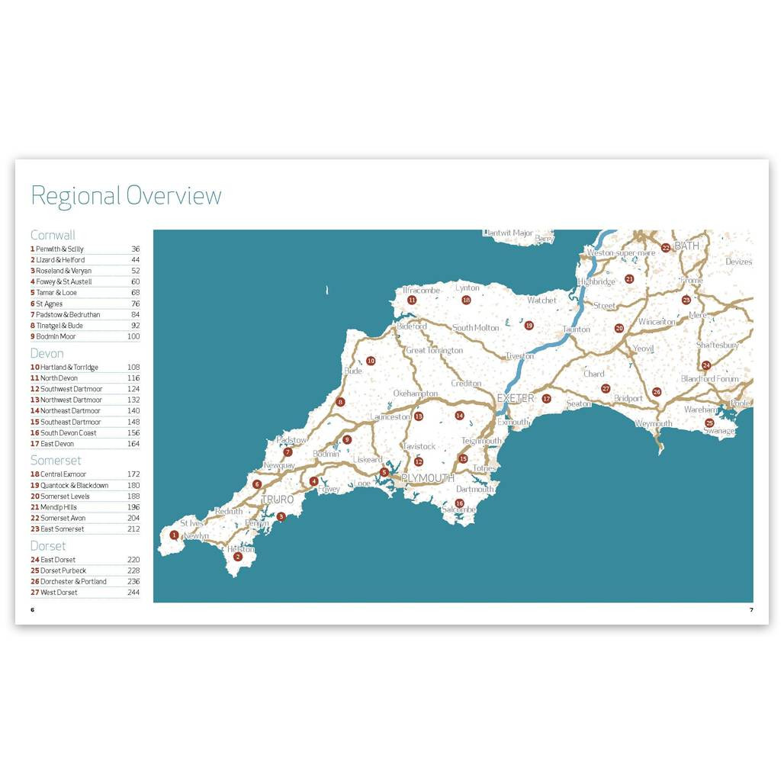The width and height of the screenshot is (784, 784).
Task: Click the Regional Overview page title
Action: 126,196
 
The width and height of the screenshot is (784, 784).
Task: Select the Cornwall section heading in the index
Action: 53,235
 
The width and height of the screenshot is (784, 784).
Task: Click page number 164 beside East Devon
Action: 133,444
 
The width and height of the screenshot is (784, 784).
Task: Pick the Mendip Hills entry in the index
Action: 59,507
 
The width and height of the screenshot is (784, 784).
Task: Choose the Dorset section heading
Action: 48,546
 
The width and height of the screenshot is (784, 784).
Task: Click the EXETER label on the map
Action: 516,398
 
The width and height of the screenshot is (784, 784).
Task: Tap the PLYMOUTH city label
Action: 428,478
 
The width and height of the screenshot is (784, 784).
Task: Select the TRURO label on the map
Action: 277,500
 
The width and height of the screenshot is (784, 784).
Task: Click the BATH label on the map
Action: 686,246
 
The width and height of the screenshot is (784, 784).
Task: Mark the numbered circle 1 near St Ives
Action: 175,535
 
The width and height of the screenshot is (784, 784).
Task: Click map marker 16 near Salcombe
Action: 459,503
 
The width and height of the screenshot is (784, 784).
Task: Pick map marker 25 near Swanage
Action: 709,423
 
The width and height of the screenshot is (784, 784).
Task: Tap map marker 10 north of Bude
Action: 371,361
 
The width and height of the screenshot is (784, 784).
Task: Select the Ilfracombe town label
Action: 422,291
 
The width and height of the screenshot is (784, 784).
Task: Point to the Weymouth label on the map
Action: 654,423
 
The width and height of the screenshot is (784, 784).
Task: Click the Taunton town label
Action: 576,329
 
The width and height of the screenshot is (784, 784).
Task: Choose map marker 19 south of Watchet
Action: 529,326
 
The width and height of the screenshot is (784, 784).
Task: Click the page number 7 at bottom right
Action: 751,610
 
